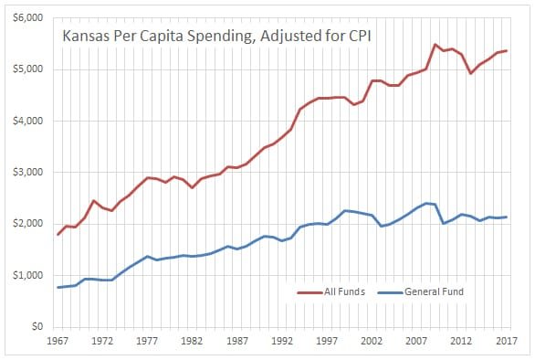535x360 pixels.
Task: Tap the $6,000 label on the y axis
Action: (30, 18)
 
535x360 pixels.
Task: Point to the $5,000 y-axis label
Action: (30, 69)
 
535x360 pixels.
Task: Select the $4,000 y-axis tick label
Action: (30, 121)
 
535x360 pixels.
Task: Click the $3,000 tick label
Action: (30, 173)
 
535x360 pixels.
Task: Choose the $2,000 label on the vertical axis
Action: (30, 224)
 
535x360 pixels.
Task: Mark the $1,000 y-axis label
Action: (30, 275)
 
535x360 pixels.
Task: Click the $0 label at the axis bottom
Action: (37, 326)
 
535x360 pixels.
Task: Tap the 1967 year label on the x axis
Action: (58, 341)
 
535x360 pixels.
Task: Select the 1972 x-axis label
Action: (103, 341)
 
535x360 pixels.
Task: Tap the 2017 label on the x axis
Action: (506, 341)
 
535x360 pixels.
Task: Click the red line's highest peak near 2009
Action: (435, 45)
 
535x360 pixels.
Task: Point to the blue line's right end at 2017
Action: (506, 217)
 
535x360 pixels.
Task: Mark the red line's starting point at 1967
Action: (58, 235)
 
